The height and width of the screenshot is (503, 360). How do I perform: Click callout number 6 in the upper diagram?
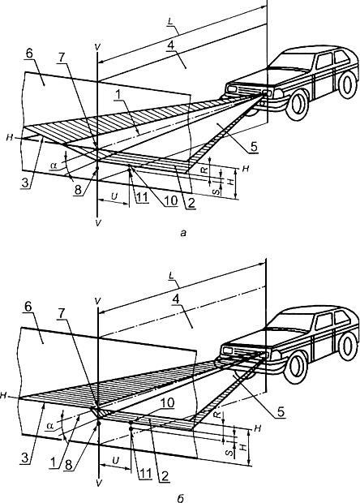[x=29, y=54]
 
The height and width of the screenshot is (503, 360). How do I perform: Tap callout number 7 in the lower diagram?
[x=61, y=315]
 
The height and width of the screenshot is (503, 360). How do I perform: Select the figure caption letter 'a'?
[x=183, y=233]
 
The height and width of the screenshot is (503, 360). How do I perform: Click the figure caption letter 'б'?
[x=180, y=498]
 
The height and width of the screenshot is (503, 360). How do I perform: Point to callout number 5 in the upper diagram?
[x=254, y=147]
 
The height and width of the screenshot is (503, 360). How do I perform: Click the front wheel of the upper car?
[x=297, y=104]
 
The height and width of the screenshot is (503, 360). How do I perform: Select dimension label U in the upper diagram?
[x=114, y=196]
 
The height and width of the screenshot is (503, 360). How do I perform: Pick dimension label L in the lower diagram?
[x=171, y=276]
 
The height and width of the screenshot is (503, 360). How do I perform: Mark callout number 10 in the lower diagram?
[x=168, y=403]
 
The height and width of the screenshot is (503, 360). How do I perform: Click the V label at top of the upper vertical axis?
[x=98, y=47]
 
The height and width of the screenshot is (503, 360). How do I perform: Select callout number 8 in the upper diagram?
[x=78, y=190]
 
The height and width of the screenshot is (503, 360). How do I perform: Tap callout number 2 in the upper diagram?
[x=191, y=203]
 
